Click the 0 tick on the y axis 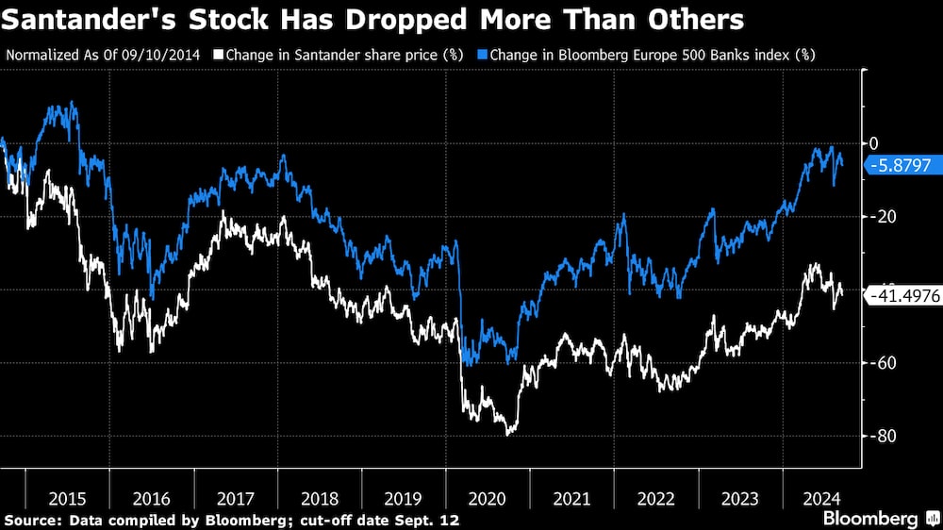point(874,143)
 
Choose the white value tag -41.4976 point(903,295)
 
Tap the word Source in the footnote point(28,520)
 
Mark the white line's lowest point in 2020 point(510,434)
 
